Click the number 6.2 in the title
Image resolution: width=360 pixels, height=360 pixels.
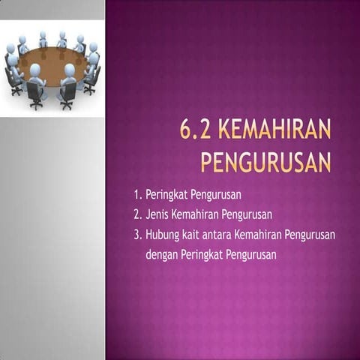(x=197, y=133)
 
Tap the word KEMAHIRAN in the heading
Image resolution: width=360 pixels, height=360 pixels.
(x=275, y=133)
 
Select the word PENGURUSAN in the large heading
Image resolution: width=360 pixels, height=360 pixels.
(x=266, y=162)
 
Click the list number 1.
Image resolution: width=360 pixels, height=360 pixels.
(x=137, y=196)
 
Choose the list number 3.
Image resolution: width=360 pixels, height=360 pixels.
(x=137, y=235)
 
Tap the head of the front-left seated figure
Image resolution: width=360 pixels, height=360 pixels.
(x=35, y=70)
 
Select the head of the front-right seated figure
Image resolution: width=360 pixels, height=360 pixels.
(x=69, y=70)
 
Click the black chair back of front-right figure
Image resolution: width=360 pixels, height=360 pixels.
(x=68, y=91)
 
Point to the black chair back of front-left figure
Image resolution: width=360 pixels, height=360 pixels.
(x=34, y=91)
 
